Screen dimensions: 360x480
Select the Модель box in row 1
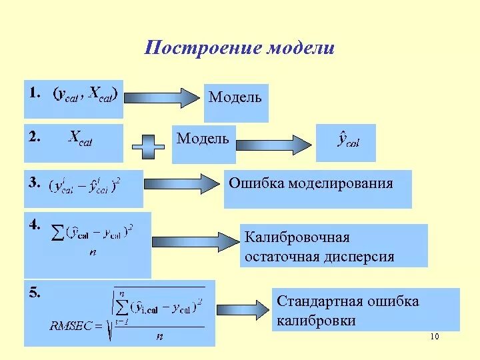pos(235,99)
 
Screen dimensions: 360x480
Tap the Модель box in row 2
pos(203,140)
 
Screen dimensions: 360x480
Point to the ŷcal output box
pos(345,141)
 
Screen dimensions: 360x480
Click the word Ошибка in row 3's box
pos(257,183)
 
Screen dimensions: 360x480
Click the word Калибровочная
pos(297,237)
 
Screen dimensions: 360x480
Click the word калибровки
pos(316,321)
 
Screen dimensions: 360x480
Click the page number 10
pos(435,337)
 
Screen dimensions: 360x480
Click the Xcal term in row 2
pos(81,138)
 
